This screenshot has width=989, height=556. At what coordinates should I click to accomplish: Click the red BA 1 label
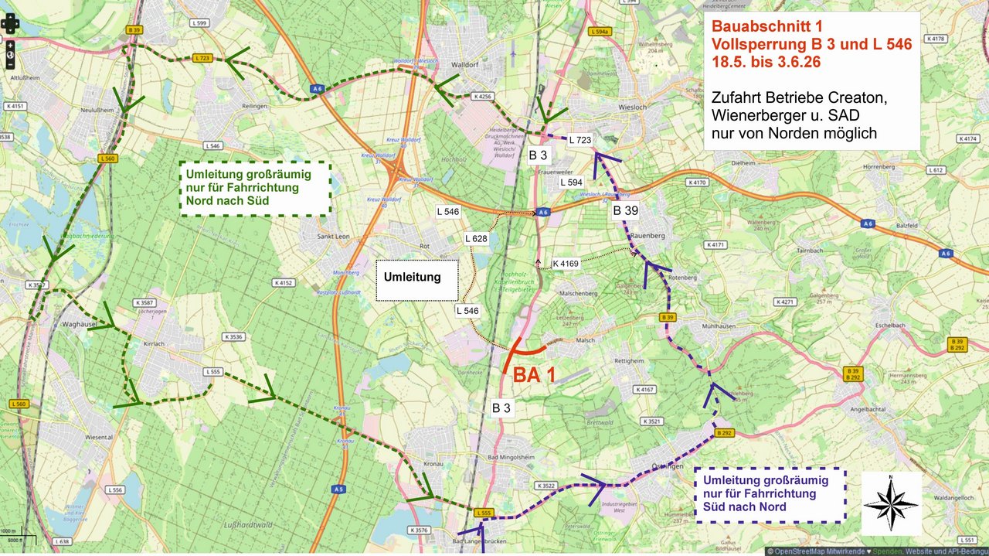(535, 375)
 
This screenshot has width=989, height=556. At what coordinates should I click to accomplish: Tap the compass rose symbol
(891, 504)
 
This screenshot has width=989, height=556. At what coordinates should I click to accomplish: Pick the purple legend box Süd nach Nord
(770, 495)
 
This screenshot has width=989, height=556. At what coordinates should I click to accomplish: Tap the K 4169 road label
(566, 264)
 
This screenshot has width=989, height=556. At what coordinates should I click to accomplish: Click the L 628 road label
(476, 238)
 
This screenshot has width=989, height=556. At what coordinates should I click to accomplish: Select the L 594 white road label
(572, 182)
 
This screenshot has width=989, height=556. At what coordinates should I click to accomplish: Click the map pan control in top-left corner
(10, 23)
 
